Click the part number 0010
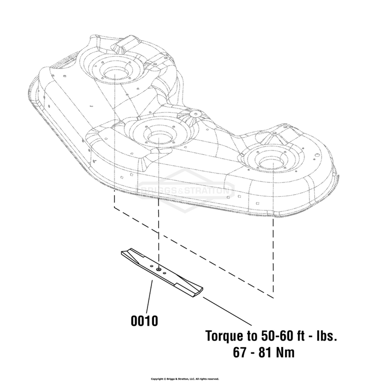pyautogui.click(x=144, y=321)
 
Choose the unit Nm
pyautogui.click(x=285, y=352)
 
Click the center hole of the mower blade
pyautogui.click(x=158, y=270)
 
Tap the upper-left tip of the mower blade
pyautogui.click(x=122, y=253)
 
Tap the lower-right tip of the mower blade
pyautogui.click(x=202, y=289)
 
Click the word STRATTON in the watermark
pyautogui.click(x=207, y=190)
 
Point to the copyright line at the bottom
pyautogui.click(x=185, y=379)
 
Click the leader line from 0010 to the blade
pyautogui.click(x=149, y=296)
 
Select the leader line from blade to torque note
pyautogui.click(x=227, y=311)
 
